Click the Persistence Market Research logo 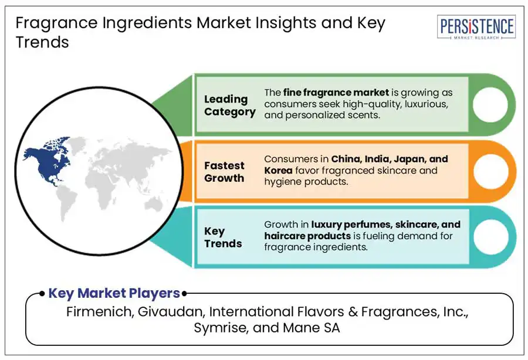tap(476, 28)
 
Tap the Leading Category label tap(229, 106)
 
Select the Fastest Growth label tap(224, 172)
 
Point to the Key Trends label tap(223, 237)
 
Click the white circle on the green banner tap(490, 105)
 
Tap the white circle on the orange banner tap(490, 171)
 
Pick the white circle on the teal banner tap(490, 237)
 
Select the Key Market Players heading tap(114, 293)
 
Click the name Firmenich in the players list tap(98, 311)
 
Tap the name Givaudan tap(170, 311)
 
